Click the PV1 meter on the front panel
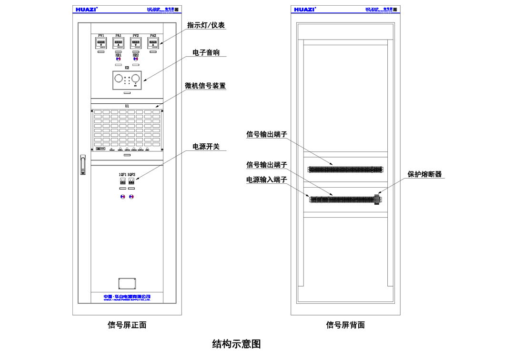[101, 44]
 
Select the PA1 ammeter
[118, 44]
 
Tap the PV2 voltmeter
[136, 44]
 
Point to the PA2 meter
[153, 44]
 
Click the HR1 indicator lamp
[118, 60]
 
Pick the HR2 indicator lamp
[136, 60]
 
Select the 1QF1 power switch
[122, 181]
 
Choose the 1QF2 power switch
[131, 181]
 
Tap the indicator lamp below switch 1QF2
[131, 196]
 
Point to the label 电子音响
[206, 52]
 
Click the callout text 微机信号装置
[205, 86]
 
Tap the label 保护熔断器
[424, 174]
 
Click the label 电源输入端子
[267, 180]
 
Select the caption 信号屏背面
[345, 325]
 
